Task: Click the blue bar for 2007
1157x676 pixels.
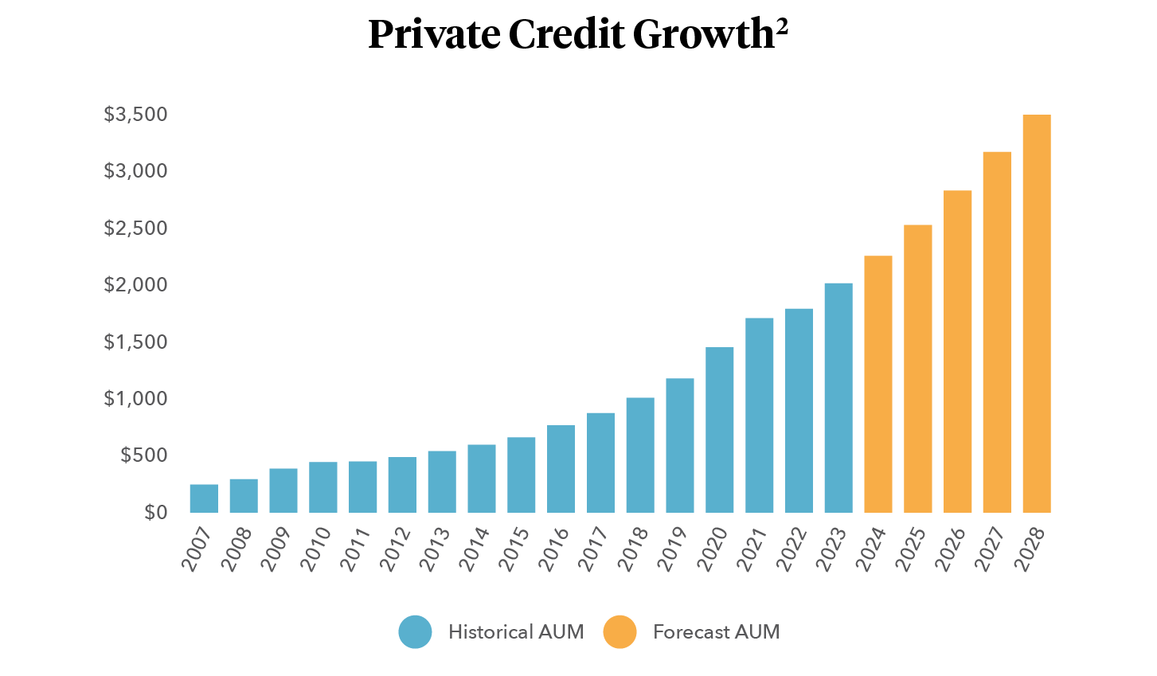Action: [204, 498]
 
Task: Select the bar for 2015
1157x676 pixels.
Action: [522, 475]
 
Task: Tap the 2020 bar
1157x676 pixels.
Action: [720, 430]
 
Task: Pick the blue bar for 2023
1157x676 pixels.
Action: [838, 398]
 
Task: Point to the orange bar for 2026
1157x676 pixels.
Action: [958, 351]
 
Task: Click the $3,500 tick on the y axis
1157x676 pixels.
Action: [136, 115]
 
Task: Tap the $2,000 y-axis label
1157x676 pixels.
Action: [136, 285]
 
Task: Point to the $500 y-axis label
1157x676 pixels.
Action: [144, 455]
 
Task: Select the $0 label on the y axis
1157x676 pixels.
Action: [156, 512]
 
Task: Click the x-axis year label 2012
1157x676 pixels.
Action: [397, 549]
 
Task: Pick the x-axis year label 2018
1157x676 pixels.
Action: [635, 549]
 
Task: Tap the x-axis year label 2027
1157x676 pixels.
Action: [991, 549]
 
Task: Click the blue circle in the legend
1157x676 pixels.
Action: [416, 632]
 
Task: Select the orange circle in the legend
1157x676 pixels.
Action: [620, 632]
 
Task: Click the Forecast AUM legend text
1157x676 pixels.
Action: [716, 632]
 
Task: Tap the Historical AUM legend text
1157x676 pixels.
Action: [515, 632]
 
